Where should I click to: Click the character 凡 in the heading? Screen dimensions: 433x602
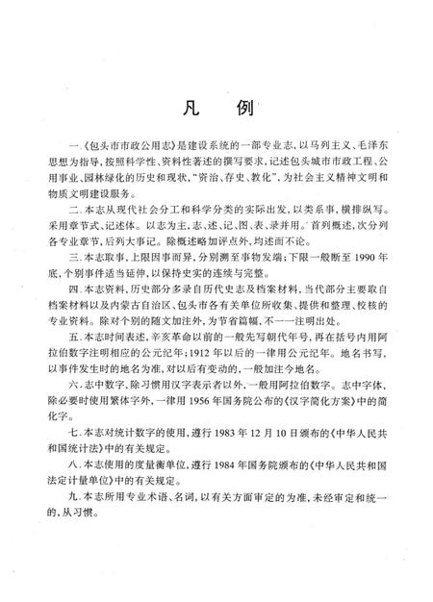(x=184, y=112)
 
